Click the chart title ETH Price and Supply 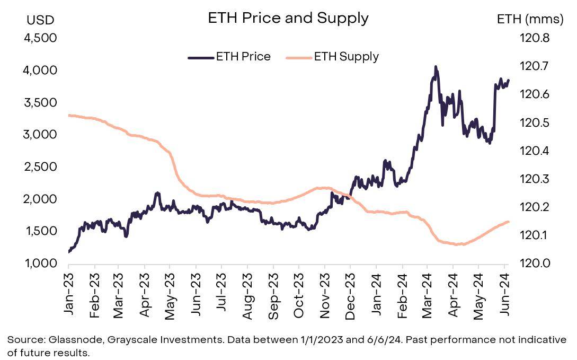[x=288, y=18]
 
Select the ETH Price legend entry [x=229, y=57]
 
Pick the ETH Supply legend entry [x=332, y=57]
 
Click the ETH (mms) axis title [x=530, y=20]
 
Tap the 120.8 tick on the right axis [x=536, y=39]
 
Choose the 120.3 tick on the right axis [x=536, y=179]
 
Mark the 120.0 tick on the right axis [x=536, y=264]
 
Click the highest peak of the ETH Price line [x=436, y=67]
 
